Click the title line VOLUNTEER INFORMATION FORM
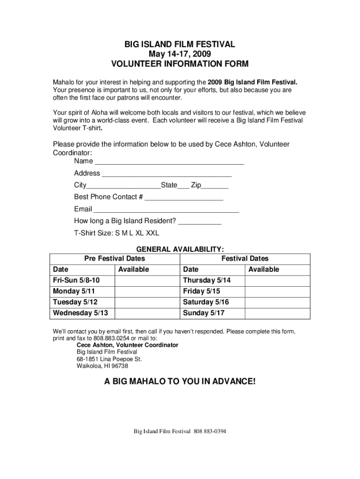point(180,64)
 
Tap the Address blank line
point(166,174)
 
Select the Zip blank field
point(216,186)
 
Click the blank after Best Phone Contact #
point(184,198)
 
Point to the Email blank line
point(166,210)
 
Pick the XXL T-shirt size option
point(152,233)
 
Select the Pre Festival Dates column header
point(115,258)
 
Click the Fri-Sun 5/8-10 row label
point(76,280)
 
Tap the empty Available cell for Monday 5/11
point(147,291)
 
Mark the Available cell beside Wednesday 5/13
point(147,313)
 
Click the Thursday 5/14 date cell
point(207,280)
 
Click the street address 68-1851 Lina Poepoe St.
point(109,359)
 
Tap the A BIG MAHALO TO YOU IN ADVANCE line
point(180,382)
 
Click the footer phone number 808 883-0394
point(210,431)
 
